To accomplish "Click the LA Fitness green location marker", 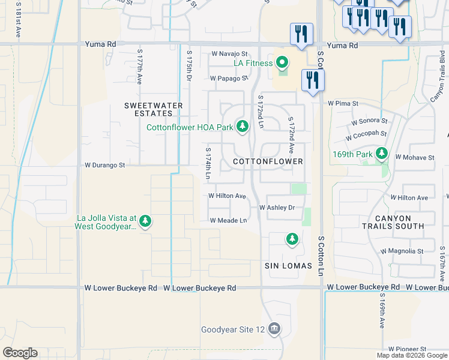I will click(283, 63).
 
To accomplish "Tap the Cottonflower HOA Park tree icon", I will click(242, 127).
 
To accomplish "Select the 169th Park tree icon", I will click(381, 154).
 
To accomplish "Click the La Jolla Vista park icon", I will click(145, 222).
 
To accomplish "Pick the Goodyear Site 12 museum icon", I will click(274, 329).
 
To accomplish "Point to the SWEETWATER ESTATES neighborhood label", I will click(153, 109).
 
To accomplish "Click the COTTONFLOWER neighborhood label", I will click(267, 162).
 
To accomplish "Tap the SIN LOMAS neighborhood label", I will click(288, 266).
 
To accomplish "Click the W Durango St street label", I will click(104, 164).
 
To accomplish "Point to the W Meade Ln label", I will click(228, 220).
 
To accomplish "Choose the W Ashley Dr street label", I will click(277, 208).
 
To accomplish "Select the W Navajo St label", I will click(229, 54).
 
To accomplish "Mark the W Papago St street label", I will click(229, 78).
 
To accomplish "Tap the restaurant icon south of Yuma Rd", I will click(312, 81).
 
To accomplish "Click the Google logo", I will click(20, 353).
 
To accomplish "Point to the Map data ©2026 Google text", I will click(411, 355).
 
